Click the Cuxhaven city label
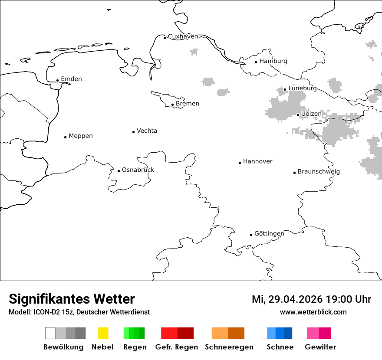(x=183, y=36)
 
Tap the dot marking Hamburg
(x=256, y=62)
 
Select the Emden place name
(x=71, y=79)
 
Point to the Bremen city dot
(x=172, y=105)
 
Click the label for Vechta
(x=147, y=131)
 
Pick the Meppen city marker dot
(x=65, y=137)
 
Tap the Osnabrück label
(x=138, y=170)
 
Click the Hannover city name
(x=257, y=161)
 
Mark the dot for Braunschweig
(x=294, y=173)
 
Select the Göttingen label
(x=269, y=233)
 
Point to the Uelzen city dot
(x=298, y=115)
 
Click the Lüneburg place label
(x=302, y=88)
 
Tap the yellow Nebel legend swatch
(x=103, y=333)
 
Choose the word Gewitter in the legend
(x=320, y=347)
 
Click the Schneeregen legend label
(x=229, y=347)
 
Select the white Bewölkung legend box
(x=50, y=333)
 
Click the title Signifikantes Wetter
(x=72, y=299)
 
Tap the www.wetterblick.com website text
(x=313, y=312)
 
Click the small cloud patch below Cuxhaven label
(x=194, y=52)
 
